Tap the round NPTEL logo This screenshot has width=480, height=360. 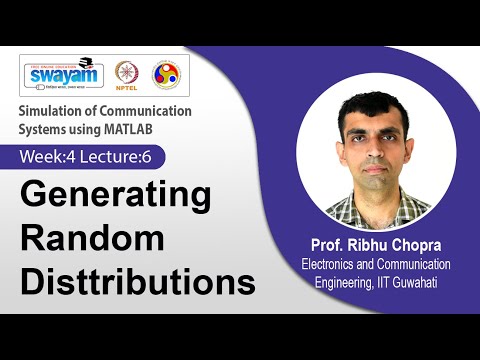(127, 74)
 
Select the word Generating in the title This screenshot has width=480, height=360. (116, 195)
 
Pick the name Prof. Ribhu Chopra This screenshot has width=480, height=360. (375, 247)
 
